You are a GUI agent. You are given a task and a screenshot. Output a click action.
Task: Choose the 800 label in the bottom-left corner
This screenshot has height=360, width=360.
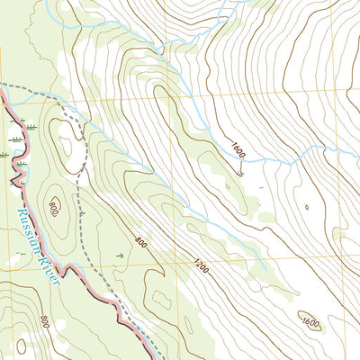(x=44, y=320)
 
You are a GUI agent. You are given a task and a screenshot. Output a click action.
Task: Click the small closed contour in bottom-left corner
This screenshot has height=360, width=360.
(x=20, y=346)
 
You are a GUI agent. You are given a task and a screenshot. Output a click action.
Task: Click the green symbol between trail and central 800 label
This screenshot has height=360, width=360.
(x=119, y=256)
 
